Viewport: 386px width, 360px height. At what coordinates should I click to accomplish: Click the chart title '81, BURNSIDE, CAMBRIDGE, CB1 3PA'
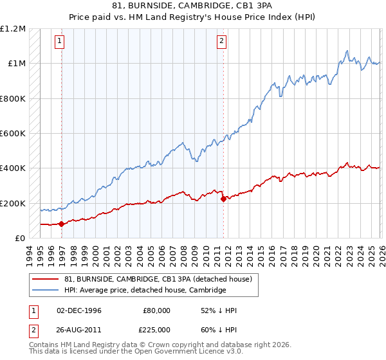193,6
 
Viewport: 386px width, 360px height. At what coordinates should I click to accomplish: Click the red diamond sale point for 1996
62,224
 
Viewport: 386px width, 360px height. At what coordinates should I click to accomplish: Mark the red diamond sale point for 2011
223,199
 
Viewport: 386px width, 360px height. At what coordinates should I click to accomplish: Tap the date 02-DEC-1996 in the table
79,310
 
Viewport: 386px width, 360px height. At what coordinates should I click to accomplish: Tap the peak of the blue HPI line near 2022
347,51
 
